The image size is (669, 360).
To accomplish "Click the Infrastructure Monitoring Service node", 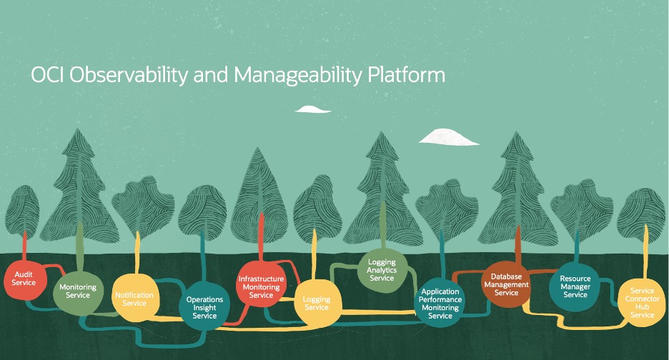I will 262,286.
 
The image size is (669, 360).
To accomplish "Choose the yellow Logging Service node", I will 317,303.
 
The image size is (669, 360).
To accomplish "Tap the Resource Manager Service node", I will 575,286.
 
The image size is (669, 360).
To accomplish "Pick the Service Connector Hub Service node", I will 642,303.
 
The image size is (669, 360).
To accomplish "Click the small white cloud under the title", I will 312,109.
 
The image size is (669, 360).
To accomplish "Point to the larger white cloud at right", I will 448,136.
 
